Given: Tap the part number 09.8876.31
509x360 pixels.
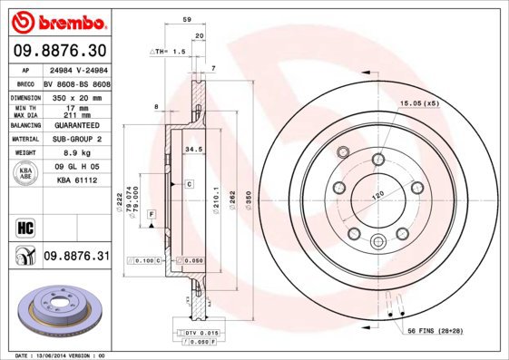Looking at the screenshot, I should click(x=76, y=257).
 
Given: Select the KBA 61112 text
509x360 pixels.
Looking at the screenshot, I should click(x=75, y=180).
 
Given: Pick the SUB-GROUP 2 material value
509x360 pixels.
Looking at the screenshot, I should click(x=75, y=140).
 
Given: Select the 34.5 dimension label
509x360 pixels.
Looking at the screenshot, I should click(x=192, y=147).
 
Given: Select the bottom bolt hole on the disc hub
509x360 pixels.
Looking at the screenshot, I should click(x=378, y=239).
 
